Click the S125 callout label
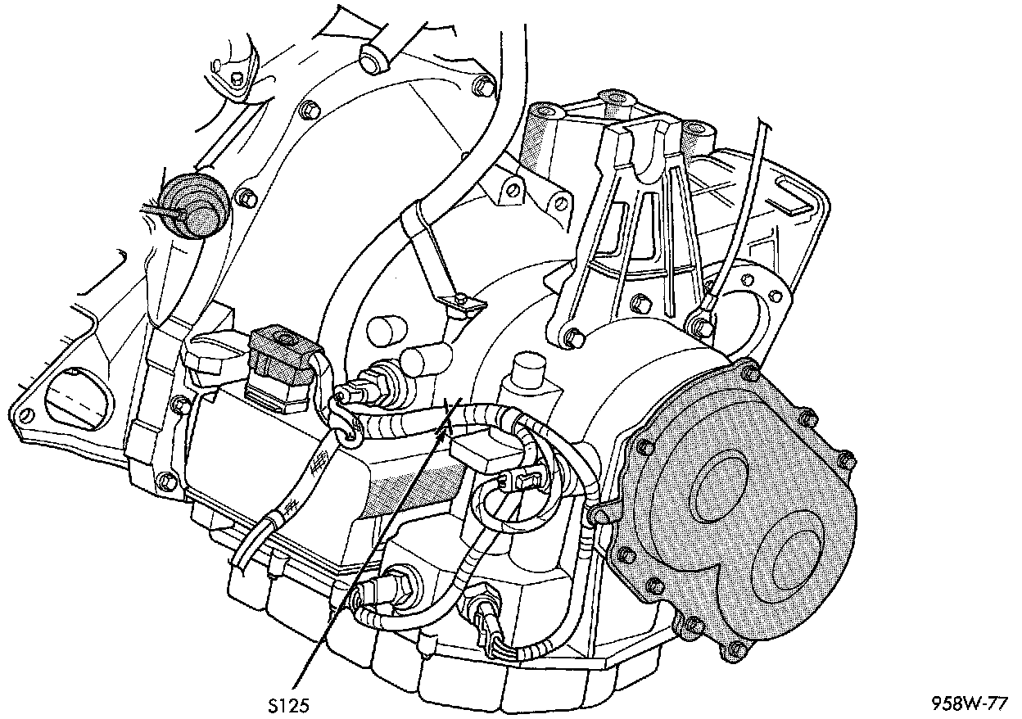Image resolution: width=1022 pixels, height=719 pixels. (291, 704)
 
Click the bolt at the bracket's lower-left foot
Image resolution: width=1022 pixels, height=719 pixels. (574, 336)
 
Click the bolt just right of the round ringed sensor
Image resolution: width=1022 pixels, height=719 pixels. (242, 197)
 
